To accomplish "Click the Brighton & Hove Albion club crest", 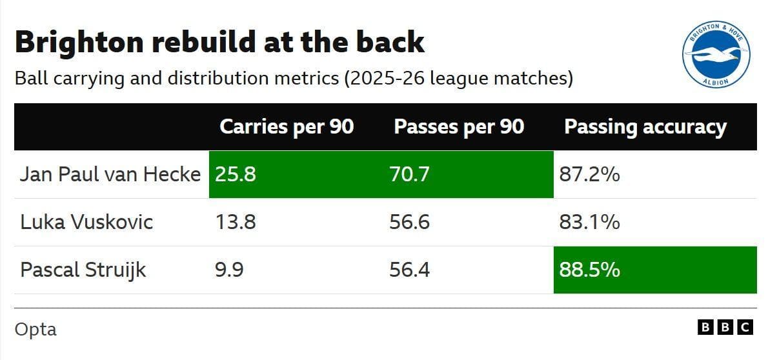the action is tap(716, 55).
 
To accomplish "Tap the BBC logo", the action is tap(725, 328).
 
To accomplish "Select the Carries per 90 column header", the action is tap(287, 127).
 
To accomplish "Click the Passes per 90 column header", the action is tap(459, 127).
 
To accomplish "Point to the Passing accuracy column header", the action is tap(645, 127).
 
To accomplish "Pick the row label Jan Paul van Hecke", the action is tap(110, 175).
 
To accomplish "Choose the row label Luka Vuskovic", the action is tap(86, 223).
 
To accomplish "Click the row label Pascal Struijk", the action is tap(83, 270).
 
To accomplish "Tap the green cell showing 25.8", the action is tap(296, 174).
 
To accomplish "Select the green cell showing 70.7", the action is tap(469, 174).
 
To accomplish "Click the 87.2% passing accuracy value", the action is tap(589, 175).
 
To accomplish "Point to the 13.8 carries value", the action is tap(235, 223).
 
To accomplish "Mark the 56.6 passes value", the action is tap(409, 223).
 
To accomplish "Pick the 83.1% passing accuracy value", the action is tap(589, 223).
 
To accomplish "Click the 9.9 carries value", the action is tap(229, 270).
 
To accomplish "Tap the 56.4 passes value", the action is tap(409, 270).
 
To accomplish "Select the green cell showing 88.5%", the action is tap(655, 270).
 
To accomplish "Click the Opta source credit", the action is tap(35, 329).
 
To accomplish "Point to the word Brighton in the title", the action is tap(79, 43).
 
